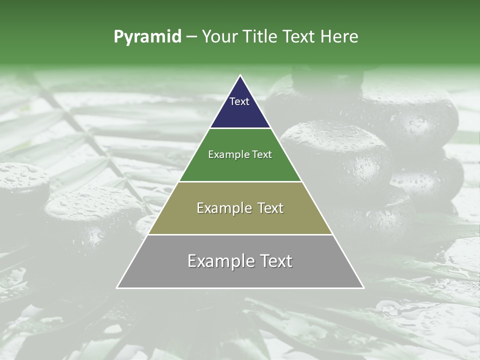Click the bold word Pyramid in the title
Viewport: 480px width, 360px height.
coord(147,37)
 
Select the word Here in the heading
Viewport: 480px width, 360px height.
coord(340,37)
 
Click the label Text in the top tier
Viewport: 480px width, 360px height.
coord(239,101)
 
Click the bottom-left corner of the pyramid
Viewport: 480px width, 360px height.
coord(117,287)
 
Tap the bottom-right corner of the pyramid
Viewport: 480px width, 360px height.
coord(363,287)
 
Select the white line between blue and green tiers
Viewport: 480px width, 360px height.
coord(240,128)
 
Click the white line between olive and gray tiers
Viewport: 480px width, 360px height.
coord(240,234)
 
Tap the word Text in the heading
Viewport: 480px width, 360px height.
coord(300,37)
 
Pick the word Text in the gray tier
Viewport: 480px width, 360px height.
coord(274,261)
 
